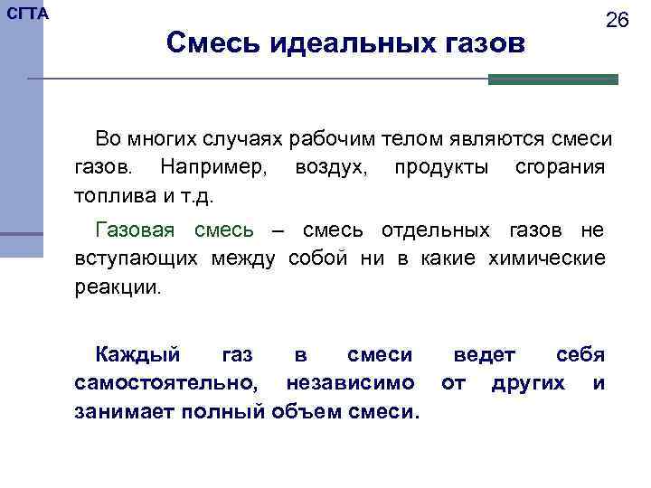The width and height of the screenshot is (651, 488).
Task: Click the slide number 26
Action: click(617, 21)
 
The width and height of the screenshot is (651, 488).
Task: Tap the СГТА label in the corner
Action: click(28, 14)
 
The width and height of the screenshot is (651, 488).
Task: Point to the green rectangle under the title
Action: click(552, 80)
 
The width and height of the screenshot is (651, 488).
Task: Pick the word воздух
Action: click(329, 167)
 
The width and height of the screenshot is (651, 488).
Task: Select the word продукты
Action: click(440, 167)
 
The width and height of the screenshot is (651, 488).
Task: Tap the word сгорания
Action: click(560, 167)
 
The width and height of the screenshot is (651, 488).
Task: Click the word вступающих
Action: click(138, 259)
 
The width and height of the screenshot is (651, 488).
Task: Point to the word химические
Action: click(547, 259)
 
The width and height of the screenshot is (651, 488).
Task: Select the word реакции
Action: click(117, 288)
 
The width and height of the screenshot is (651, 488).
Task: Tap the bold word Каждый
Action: click(137, 354)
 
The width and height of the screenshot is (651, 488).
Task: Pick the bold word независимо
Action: click(351, 383)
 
